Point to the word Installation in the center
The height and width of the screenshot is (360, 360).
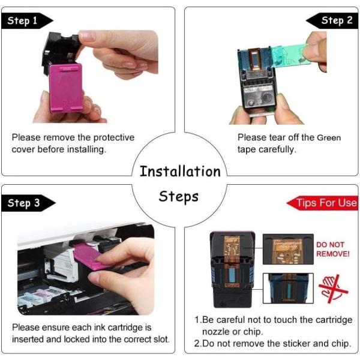click(180, 171)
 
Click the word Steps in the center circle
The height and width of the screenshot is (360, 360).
click(179, 197)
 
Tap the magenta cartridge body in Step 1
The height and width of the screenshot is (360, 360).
click(66, 88)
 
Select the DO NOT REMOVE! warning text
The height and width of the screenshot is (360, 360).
click(332, 249)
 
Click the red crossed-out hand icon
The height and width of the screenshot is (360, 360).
click(334, 288)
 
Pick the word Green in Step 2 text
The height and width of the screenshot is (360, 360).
click(329, 138)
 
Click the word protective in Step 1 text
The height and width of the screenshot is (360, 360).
click(114, 138)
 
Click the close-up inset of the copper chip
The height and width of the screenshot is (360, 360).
click(288, 249)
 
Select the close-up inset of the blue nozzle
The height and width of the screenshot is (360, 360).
click(288, 288)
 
